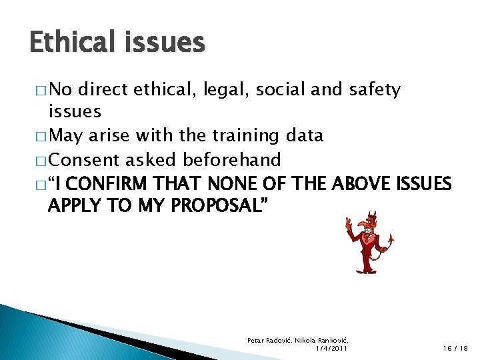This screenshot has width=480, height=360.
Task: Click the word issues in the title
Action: pyautogui.click(x=165, y=42)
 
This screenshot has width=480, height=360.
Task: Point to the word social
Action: pyautogui.click(x=273, y=89)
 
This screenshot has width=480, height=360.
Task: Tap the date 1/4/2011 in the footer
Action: pyautogui.click(x=329, y=347)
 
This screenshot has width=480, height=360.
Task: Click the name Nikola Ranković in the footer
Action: pyautogui.click(x=323, y=339)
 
